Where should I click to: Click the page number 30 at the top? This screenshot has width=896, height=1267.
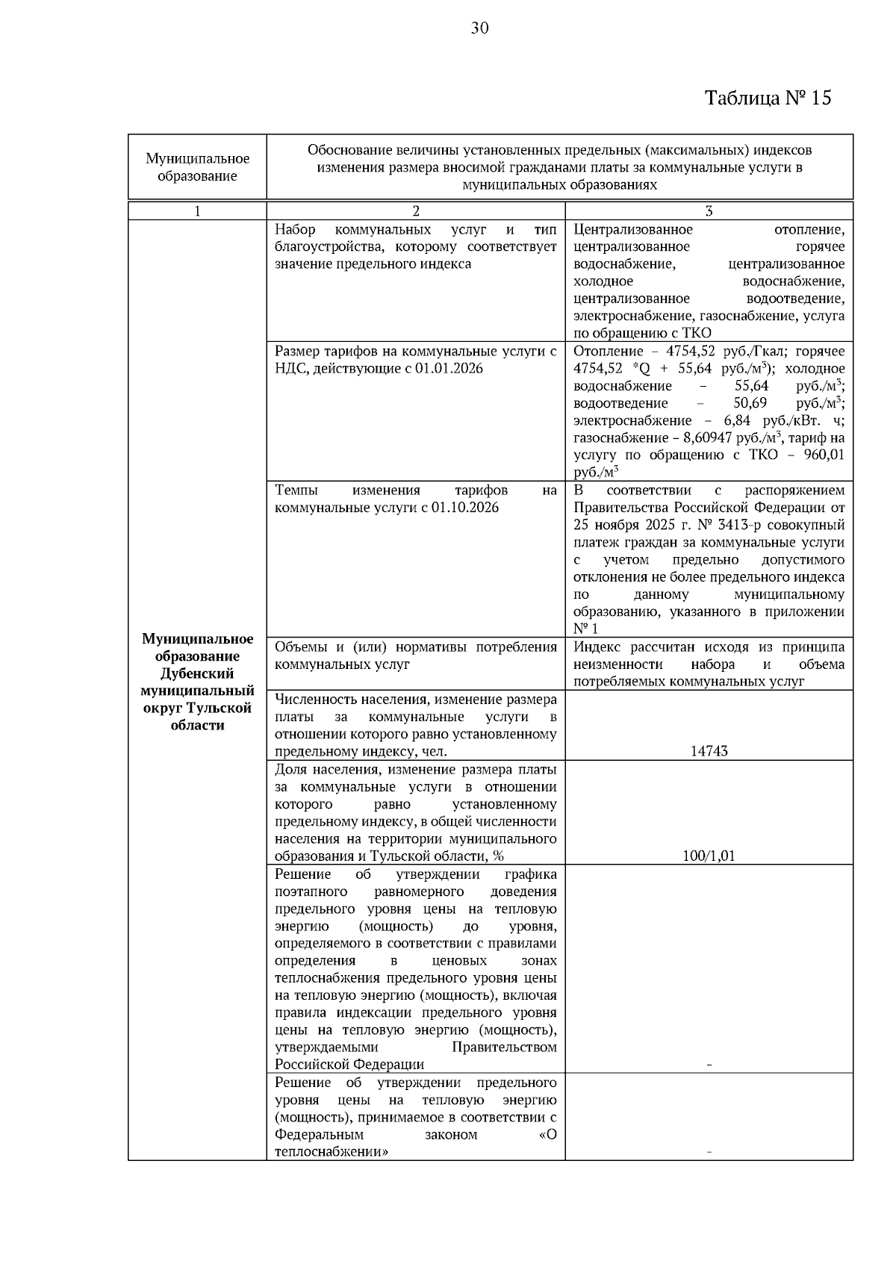pyautogui.click(x=479, y=28)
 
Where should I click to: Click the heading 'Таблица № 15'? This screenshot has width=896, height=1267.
pyautogui.click(x=768, y=98)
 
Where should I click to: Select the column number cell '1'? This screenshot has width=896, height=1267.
pyautogui.click(x=197, y=211)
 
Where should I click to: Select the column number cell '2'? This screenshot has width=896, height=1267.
pyautogui.click(x=416, y=211)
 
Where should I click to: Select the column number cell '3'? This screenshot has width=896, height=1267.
pyautogui.click(x=709, y=211)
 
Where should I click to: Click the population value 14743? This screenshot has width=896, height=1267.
pyautogui.click(x=709, y=751)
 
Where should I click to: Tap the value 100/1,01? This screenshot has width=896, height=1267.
pyautogui.click(x=709, y=856)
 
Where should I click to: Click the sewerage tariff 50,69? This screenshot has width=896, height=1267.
pyautogui.click(x=750, y=403)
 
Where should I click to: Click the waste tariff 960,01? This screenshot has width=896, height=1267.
pyautogui.click(x=822, y=455)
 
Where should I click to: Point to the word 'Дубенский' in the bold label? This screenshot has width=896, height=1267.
pyautogui.click(x=197, y=673)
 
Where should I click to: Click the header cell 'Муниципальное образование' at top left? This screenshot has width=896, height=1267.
pyautogui.click(x=197, y=167)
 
